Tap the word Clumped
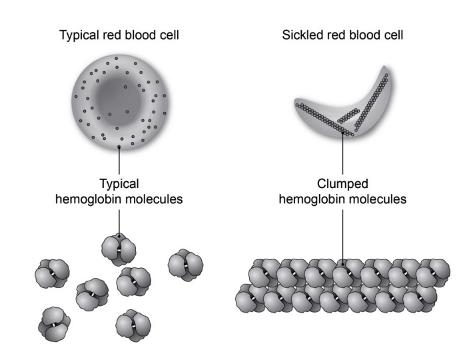point(342,183)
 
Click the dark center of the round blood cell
point(118,98)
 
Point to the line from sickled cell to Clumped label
point(342,153)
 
